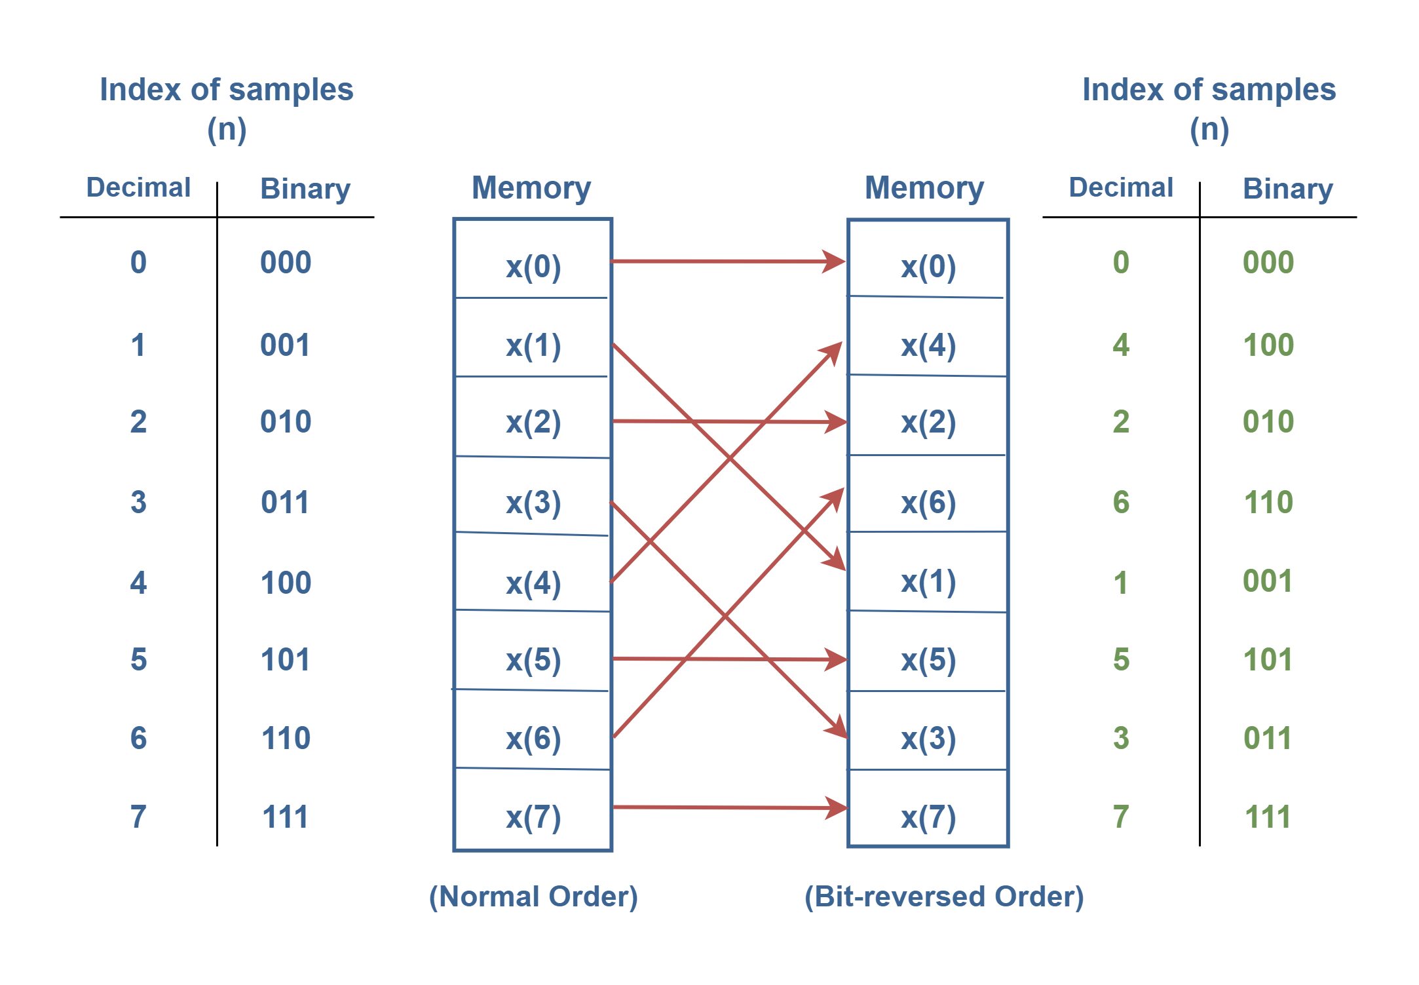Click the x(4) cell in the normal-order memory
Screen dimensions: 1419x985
(x=533, y=573)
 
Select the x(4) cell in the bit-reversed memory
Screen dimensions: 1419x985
(x=928, y=336)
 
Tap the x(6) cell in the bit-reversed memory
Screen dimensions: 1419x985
(x=928, y=493)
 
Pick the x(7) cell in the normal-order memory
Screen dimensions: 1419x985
(x=533, y=809)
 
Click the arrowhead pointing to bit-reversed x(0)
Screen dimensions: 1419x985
(x=835, y=261)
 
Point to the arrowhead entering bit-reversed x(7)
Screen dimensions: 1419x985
(x=836, y=807)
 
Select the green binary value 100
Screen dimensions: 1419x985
(x=1268, y=345)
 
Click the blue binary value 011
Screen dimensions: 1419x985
(x=285, y=502)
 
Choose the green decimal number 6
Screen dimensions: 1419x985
(x=1121, y=502)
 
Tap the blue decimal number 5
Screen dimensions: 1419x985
(x=138, y=659)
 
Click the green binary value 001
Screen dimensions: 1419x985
(x=1268, y=581)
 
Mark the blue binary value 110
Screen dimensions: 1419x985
(x=286, y=738)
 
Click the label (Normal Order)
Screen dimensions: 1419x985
(x=533, y=897)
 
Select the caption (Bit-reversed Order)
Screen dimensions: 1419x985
(x=944, y=897)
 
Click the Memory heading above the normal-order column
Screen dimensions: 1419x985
(x=531, y=188)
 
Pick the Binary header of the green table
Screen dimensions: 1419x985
(x=1288, y=189)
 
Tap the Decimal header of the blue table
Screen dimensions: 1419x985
(x=138, y=187)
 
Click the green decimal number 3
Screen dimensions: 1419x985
(x=1121, y=738)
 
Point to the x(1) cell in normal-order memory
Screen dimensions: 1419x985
(x=533, y=337)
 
